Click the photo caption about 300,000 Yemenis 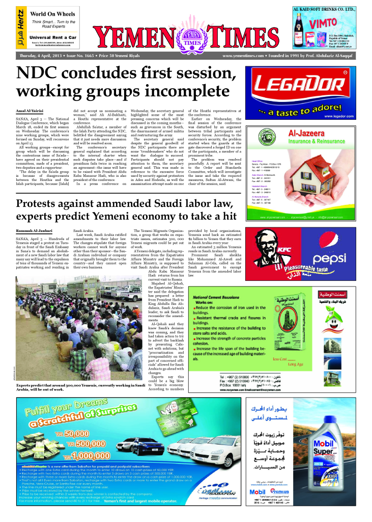(94, 386)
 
